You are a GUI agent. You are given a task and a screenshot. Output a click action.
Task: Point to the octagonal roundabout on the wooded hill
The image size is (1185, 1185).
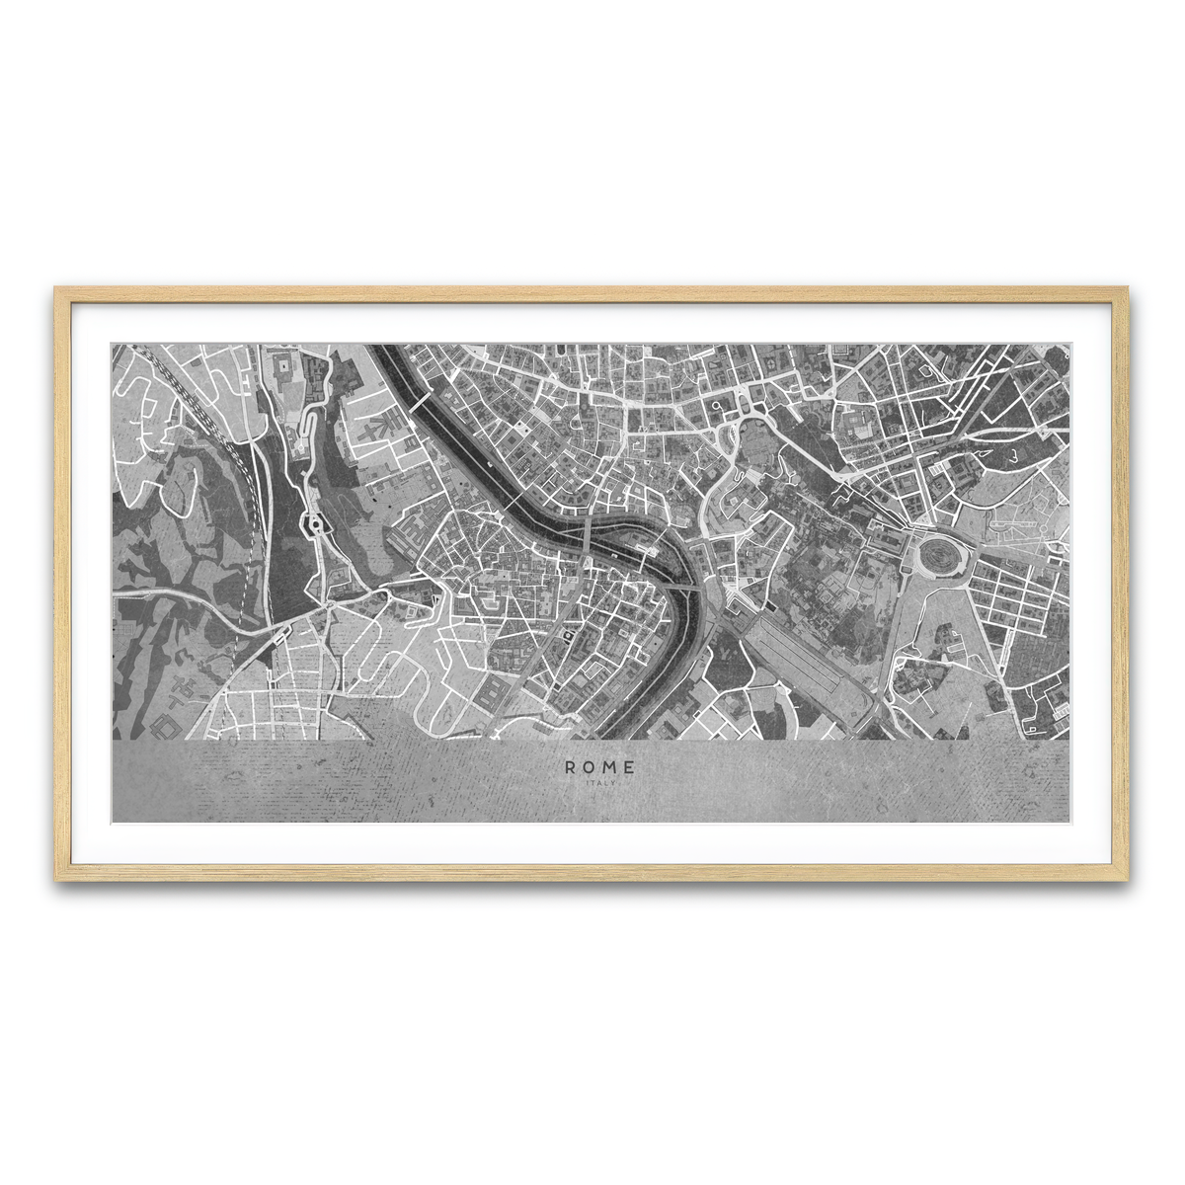click(x=316, y=524)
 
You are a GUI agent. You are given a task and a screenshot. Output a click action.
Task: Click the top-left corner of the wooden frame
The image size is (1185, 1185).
click(x=57, y=289)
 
